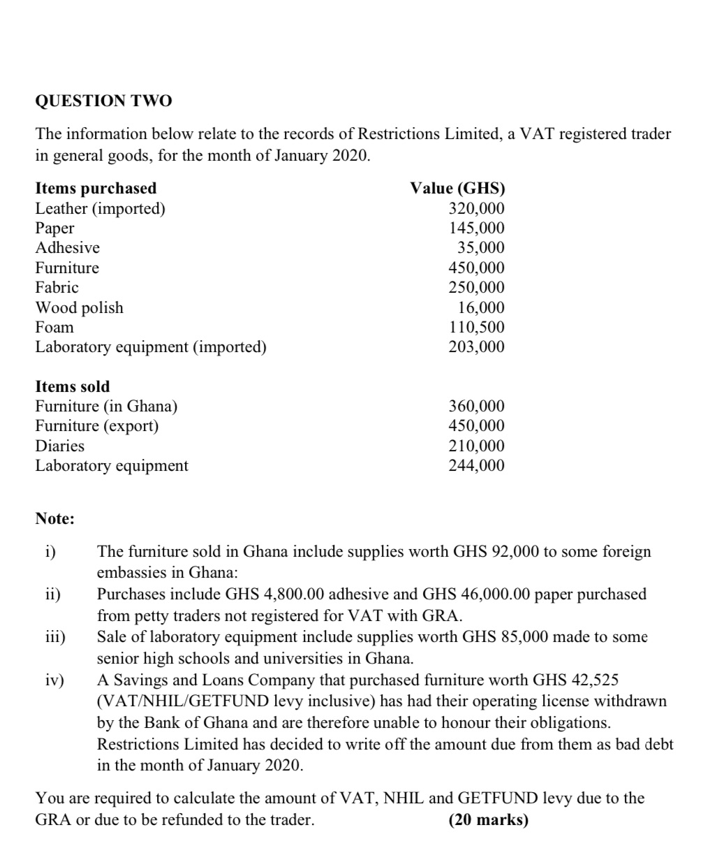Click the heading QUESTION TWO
[x=103, y=101]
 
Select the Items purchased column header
[x=96, y=189]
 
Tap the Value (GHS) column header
[x=457, y=189]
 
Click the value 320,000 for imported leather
[x=476, y=208]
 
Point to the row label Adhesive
[x=68, y=248]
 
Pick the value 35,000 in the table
[x=480, y=248]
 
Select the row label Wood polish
[x=79, y=308]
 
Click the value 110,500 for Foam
[x=476, y=328]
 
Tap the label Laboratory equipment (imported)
[x=151, y=347]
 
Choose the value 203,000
[x=476, y=347]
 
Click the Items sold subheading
[x=73, y=387]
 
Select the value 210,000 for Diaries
[x=476, y=446]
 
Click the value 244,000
[x=476, y=466]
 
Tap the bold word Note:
[x=55, y=519]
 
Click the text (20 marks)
[x=488, y=819]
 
